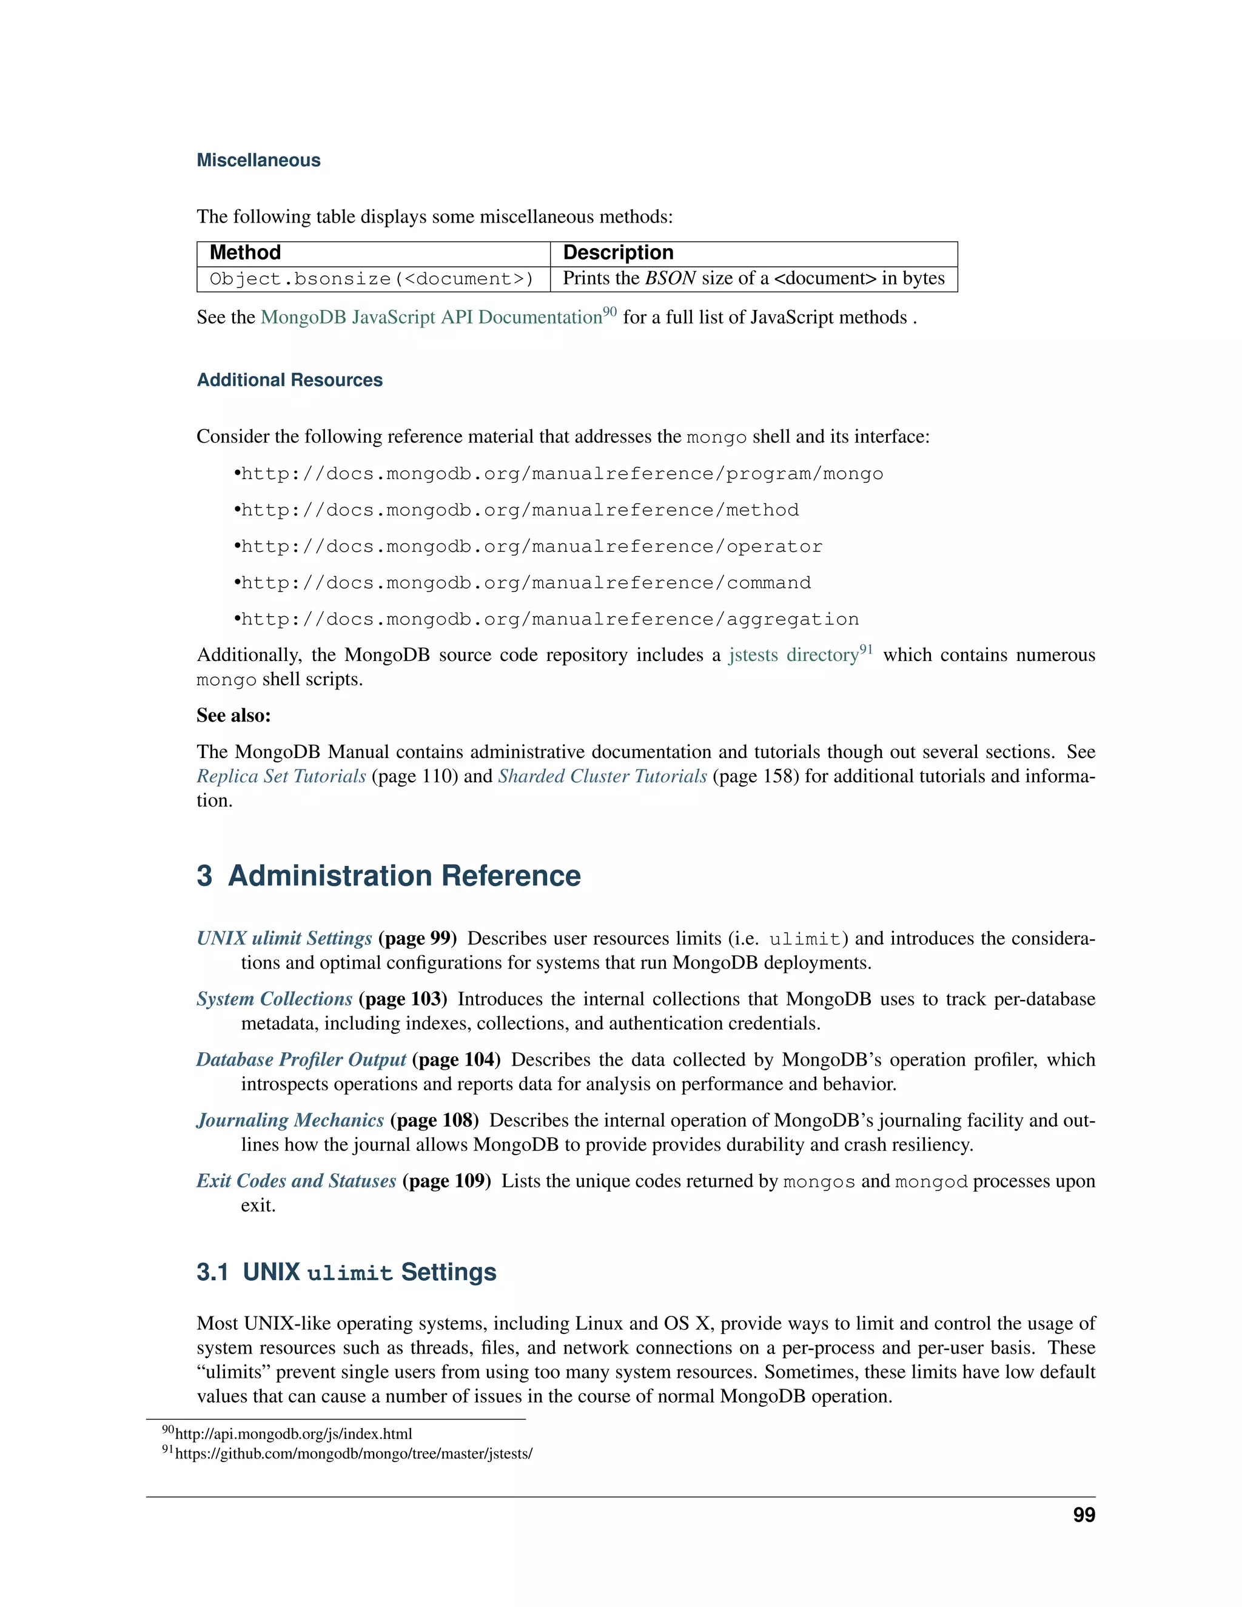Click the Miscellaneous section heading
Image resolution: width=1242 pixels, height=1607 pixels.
[258, 161]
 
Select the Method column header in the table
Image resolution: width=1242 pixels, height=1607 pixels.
[245, 252]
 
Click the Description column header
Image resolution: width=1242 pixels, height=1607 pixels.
[618, 252]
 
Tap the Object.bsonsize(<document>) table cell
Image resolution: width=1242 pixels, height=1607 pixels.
[372, 279]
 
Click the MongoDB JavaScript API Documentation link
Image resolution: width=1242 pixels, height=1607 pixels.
[431, 317]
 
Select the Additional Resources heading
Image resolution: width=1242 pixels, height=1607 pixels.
[289, 380]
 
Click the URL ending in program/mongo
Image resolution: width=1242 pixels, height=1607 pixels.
[562, 474]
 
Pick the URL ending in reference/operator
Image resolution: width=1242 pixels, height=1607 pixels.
[531, 547]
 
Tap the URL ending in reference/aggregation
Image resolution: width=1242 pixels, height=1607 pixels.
[549, 620]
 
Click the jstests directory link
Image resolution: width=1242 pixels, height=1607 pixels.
[794, 655]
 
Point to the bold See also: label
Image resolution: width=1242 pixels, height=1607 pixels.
[233, 715]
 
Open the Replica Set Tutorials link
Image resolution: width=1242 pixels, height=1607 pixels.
[281, 776]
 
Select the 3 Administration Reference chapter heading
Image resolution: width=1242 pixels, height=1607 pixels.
[389, 876]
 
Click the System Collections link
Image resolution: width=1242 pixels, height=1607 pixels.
[275, 999]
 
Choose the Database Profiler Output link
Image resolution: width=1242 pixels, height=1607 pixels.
[301, 1059]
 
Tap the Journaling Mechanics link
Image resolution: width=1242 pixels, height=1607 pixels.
[290, 1120]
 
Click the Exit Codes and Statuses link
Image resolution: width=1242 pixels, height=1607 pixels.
[296, 1181]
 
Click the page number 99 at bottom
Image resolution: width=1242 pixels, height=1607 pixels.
[1083, 1515]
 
